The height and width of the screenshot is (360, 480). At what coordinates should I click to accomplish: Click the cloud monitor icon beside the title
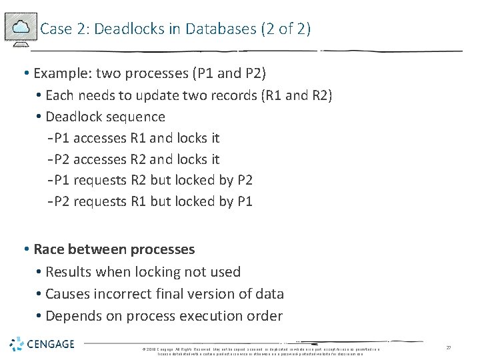click(20, 28)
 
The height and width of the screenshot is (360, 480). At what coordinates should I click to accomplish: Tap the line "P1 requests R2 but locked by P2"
click(153, 180)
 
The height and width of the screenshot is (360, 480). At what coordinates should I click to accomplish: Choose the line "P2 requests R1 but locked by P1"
click(153, 201)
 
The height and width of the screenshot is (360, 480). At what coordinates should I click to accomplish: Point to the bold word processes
click(163, 249)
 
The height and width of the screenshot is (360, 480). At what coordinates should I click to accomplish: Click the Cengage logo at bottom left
click(42, 344)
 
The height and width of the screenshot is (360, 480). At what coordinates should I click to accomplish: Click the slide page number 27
click(449, 347)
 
